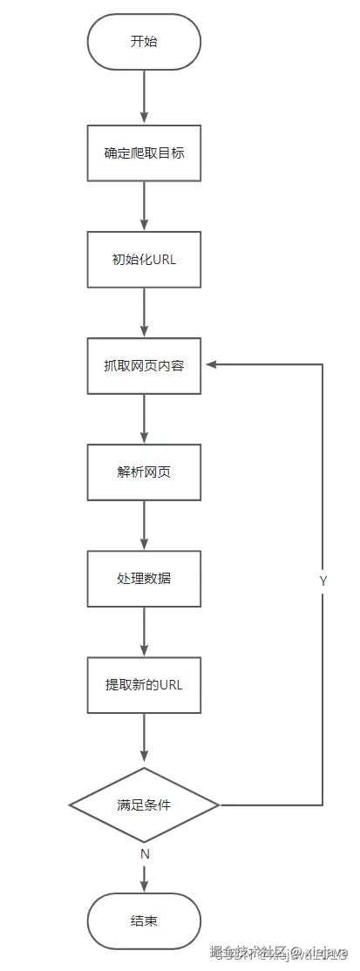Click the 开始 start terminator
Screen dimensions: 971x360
pos(144,42)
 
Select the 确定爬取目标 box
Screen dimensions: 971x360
pos(144,153)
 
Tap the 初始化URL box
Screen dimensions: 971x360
pos(144,259)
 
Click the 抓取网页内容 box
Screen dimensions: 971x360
pos(144,365)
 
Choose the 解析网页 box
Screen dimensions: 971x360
pos(144,472)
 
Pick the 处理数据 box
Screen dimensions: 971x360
pos(144,578)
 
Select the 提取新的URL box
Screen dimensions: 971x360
pos(144,684)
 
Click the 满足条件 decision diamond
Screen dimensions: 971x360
pos(144,805)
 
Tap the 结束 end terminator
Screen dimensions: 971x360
pos(144,920)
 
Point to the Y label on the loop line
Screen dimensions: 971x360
pos(323,580)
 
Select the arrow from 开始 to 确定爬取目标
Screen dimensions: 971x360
pos(144,97)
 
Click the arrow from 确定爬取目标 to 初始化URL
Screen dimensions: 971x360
pos(144,206)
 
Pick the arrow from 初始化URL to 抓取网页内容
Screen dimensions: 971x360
pos(144,312)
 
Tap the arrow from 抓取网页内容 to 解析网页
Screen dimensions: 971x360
pos(144,418)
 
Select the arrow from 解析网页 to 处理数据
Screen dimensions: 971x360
pos(144,525)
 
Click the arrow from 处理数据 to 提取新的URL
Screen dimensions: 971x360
pos(144,631)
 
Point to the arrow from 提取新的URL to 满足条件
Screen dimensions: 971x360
pos(144,739)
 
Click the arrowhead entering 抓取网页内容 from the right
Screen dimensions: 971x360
pos(210,365)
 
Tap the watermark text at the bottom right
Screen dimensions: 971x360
pos(278,953)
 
